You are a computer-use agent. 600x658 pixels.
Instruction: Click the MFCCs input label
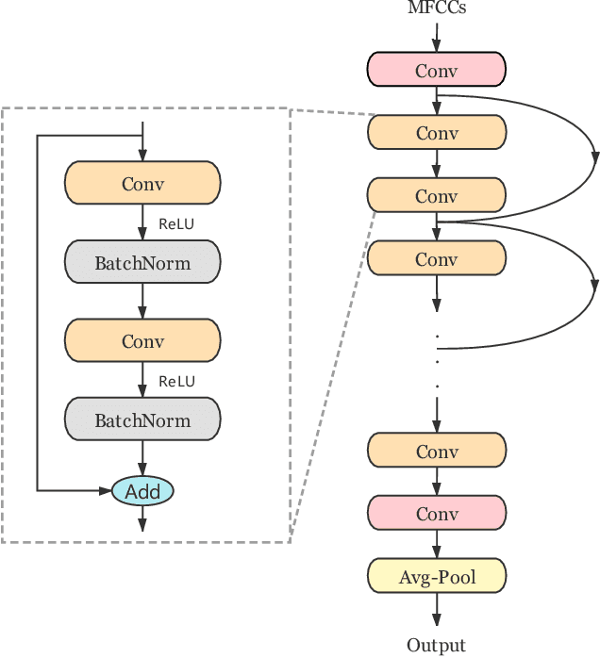click(x=436, y=8)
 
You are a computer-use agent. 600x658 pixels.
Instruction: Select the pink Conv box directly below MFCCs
click(x=436, y=70)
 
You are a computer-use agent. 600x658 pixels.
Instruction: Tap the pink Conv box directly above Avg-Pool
click(x=436, y=514)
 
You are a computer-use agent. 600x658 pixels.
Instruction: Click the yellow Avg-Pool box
click(x=436, y=576)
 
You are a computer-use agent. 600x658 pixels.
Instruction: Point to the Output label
click(x=436, y=646)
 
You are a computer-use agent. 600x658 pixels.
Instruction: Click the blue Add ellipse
click(x=142, y=491)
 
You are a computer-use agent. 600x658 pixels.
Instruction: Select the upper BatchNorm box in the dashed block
click(x=142, y=263)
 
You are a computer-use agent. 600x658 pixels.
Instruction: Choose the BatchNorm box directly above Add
click(x=142, y=420)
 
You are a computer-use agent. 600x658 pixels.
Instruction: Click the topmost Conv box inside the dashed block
click(x=142, y=184)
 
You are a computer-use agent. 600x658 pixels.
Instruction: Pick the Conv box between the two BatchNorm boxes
click(x=142, y=341)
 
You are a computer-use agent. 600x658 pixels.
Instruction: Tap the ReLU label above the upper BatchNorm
click(x=176, y=224)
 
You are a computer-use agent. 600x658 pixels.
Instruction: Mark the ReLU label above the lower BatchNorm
click(x=176, y=382)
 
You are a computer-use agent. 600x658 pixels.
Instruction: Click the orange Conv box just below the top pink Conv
click(x=436, y=133)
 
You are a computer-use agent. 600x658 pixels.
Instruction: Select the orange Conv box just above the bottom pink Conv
click(x=436, y=452)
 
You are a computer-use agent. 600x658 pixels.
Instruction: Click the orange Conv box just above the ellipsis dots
click(x=436, y=258)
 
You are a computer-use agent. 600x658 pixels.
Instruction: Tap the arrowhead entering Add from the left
click(x=105, y=490)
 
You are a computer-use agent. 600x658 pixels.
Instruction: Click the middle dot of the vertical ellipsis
click(x=437, y=360)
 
